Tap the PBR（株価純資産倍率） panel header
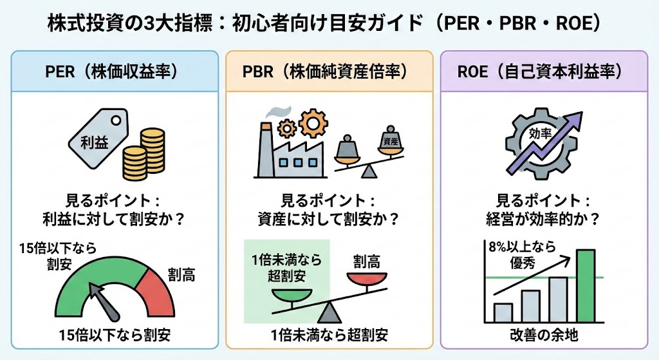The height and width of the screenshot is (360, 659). coord(329,71)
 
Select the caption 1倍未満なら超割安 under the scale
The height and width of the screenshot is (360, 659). coord(329,335)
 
